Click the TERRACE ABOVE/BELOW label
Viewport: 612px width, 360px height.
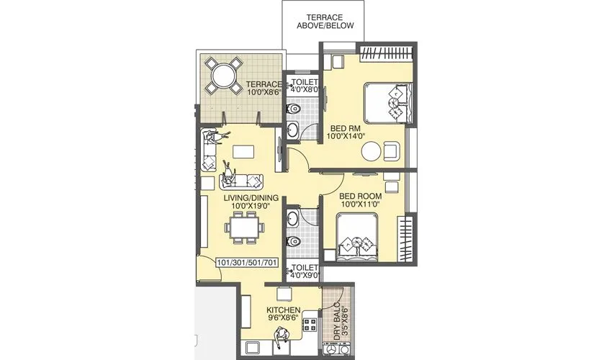pos(324,21)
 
